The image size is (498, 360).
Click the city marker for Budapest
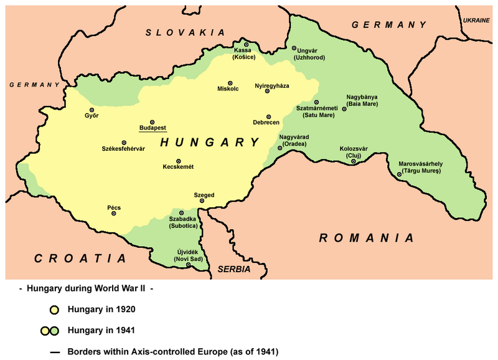152,122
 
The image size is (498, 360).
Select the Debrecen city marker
269,116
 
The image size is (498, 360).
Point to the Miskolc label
227,89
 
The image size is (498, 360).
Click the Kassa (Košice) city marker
247,45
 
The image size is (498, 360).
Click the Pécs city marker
114,214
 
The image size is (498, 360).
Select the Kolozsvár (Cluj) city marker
354,162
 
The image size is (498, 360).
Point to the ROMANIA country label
366,238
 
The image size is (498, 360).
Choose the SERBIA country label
233,270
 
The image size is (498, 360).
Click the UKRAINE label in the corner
476,21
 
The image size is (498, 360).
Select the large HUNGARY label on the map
210,143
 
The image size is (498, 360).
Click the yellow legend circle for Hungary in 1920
54,309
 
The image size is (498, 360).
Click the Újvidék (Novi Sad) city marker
189,265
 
